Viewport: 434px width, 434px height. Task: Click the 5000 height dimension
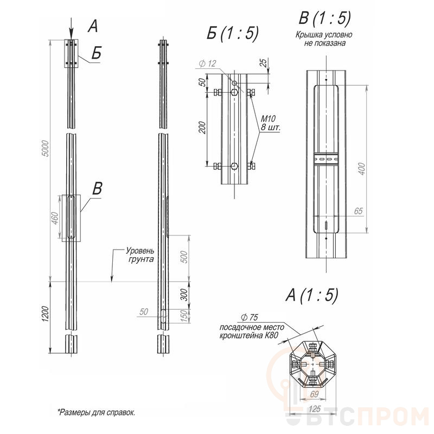46,150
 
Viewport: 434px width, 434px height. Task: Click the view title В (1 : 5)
324,19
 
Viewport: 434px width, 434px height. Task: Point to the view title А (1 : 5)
311,295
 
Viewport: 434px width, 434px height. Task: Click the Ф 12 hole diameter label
207,64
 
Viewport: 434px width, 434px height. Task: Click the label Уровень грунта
140,255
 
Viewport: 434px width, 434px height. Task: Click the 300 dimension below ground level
183,295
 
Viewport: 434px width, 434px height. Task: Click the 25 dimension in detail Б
263,63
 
